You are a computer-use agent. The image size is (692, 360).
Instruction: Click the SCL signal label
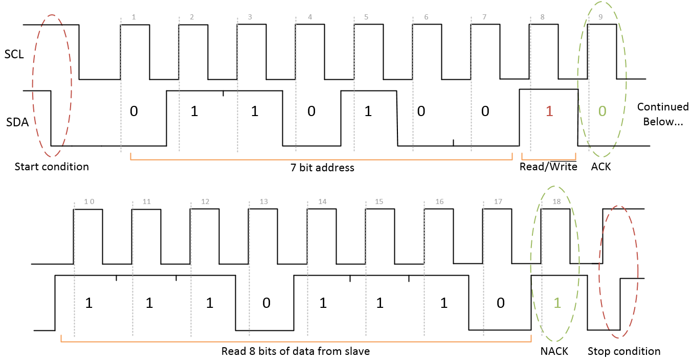point(14,54)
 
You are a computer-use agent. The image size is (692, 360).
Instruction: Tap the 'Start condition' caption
point(52,167)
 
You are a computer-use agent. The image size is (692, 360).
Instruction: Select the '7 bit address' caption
point(322,167)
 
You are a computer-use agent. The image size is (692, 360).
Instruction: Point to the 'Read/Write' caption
point(548,167)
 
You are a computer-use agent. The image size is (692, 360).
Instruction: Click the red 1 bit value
point(549,111)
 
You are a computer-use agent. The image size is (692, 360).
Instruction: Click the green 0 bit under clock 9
point(602,111)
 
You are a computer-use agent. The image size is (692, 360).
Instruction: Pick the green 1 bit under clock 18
point(557,303)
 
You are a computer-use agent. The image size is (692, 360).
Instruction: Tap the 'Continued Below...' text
point(663,114)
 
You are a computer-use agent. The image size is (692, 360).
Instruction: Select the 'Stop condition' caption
point(624,351)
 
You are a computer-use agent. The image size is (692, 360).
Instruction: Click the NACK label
point(554,351)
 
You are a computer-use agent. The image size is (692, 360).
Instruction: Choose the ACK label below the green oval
point(601,167)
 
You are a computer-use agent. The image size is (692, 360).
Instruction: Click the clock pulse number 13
point(264,202)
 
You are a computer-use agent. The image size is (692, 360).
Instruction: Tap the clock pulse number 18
point(556,202)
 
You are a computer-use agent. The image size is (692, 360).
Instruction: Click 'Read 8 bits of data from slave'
point(296,351)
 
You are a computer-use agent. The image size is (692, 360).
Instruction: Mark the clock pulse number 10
point(89,202)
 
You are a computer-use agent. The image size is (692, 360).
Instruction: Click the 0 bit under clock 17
point(501,303)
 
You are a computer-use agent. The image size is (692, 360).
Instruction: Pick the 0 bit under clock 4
point(311,111)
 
